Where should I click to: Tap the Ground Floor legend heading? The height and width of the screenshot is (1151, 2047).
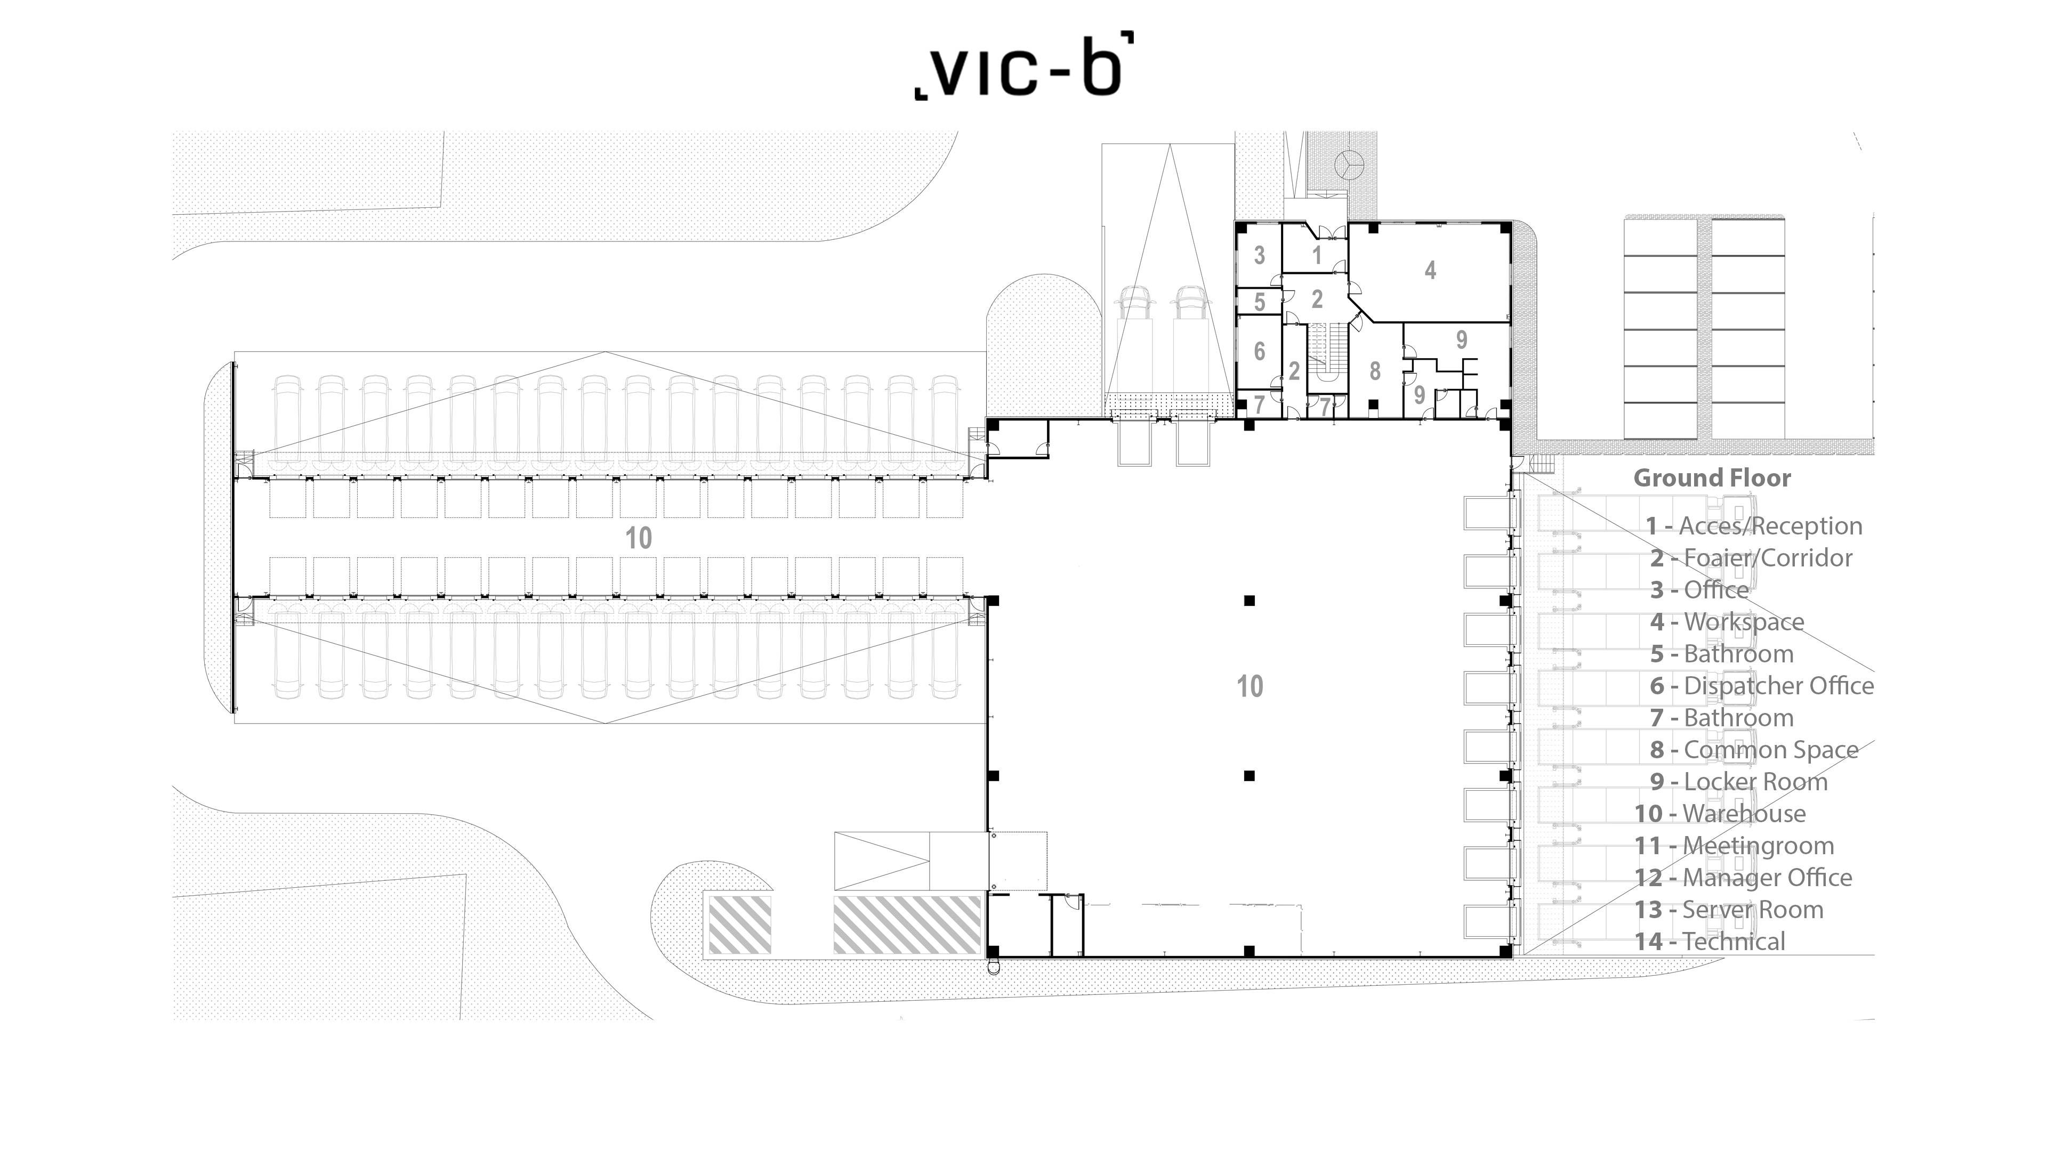point(1712,478)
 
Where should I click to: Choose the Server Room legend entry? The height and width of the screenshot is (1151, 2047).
point(1728,910)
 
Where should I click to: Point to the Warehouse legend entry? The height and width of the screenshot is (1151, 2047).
point(1720,813)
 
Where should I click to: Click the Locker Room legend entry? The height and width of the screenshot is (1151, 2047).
point(1739,782)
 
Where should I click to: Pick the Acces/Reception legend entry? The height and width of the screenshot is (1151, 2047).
point(1754,526)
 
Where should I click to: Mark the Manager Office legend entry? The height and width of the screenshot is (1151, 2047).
point(1743,878)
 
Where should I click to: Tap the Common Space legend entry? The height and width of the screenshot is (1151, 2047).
point(1754,750)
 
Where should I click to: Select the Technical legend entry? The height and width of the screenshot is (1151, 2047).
point(1709,941)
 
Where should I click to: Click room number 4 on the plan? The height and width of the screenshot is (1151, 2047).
point(1430,270)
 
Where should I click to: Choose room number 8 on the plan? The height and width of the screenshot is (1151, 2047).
point(1375,371)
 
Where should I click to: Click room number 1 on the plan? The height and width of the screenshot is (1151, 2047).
point(1317,255)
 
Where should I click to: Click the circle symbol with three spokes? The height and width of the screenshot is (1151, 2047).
point(1349,165)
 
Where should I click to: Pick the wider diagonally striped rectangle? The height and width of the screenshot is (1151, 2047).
point(907,925)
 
